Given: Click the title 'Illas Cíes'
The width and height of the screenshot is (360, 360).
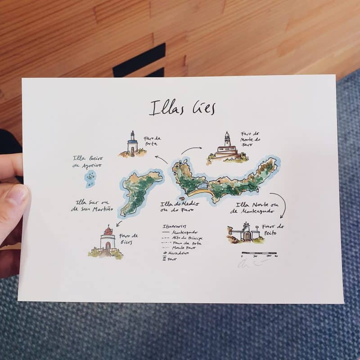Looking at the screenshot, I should pyautogui.click(x=183, y=108).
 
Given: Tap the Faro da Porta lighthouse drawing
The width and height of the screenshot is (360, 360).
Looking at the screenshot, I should pyautogui.click(x=132, y=145).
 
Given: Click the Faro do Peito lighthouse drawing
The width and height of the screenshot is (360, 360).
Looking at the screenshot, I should pyautogui.click(x=246, y=232).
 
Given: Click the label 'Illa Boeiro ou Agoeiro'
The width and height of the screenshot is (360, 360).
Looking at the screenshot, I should pyautogui.click(x=87, y=162).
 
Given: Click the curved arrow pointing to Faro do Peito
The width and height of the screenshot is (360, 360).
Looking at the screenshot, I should pyautogui.click(x=280, y=205).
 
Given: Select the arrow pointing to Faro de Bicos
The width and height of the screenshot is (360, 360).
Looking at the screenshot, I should pyautogui.click(x=118, y=222).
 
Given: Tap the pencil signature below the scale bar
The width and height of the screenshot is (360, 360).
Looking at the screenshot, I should pyautogui.click(x=252, y=264).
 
